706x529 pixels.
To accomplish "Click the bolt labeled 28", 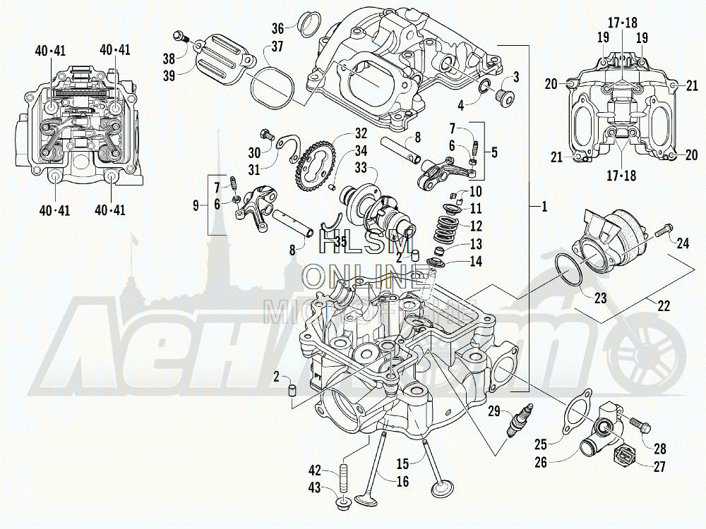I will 640,425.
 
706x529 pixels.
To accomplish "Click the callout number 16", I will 402,482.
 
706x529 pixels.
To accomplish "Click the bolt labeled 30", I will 267,135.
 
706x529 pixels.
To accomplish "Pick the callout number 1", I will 544,207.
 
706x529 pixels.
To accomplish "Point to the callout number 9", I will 196,205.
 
